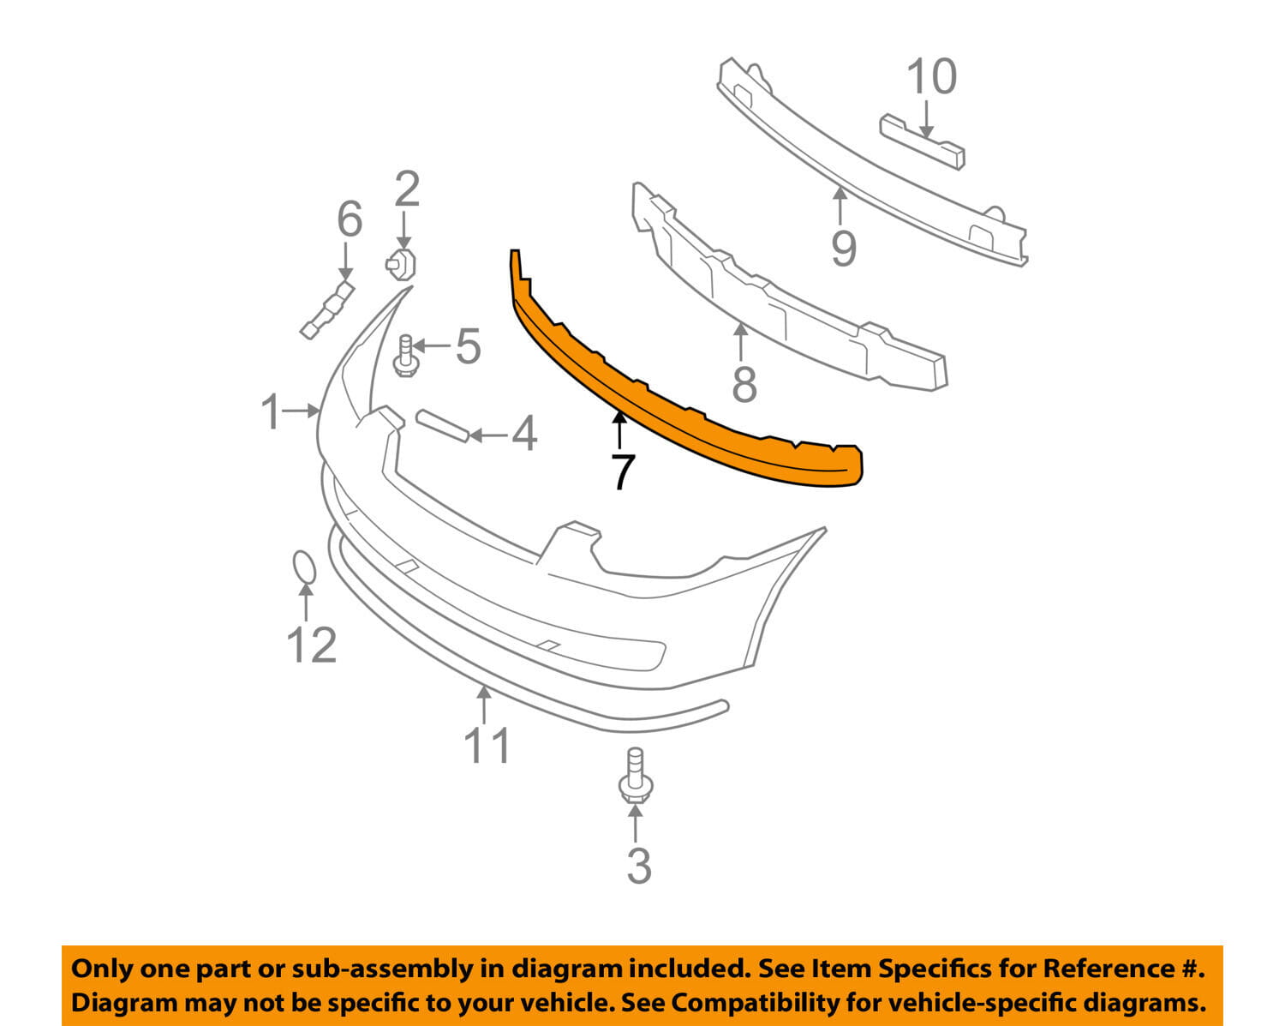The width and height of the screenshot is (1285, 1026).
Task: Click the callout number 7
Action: pos(623,472)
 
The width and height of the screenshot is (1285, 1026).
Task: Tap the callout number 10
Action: pos(931,76)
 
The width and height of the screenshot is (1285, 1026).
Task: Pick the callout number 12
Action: pos(312,646)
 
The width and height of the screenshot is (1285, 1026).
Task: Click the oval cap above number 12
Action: pos(304,566)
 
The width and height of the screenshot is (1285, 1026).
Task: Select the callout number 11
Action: pos(487,746)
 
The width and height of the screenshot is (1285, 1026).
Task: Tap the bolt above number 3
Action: pos(636,776)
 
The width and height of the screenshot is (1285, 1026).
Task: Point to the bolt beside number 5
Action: pos(405,356)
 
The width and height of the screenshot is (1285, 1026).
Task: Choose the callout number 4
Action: pos(524,433)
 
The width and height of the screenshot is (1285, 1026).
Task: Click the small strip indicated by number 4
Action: pos(442,425)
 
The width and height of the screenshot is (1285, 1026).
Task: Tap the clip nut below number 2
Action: pos(401,264)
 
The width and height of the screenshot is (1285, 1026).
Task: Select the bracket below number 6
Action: pos(327,310)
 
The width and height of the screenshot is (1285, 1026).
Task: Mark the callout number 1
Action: pos(271,411)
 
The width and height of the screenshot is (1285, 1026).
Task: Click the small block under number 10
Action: pos(922,143)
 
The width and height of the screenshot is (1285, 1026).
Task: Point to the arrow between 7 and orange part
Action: pos(619,430)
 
